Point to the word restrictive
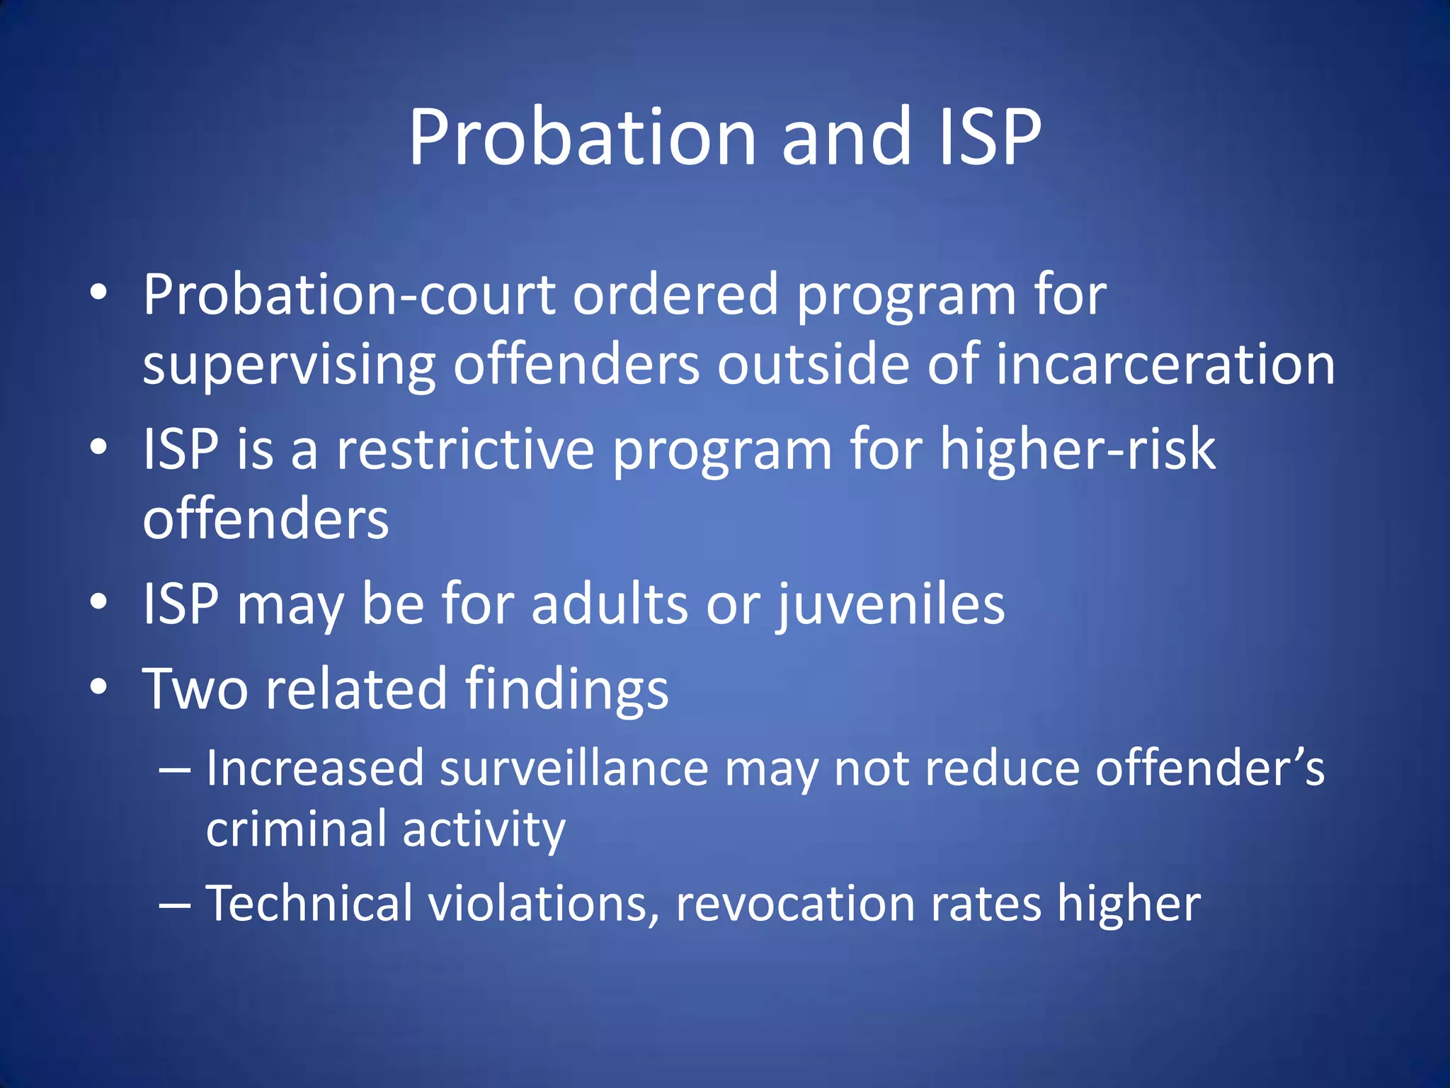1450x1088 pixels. pyautogui.click(x=465, y=450)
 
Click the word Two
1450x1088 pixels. pyautogui.click(x=195, y=688)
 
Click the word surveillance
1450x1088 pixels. pyautogui.click(x=574, y=769)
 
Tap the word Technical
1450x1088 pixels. pyautogui.click(x=309, y=904)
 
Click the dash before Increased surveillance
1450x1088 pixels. pyautogui.click(x=175, y=769)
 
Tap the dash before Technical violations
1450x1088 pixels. pyautogui.click(x=175, y=905)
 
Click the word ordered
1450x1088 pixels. pyautogui.click(x=676, y=295)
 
